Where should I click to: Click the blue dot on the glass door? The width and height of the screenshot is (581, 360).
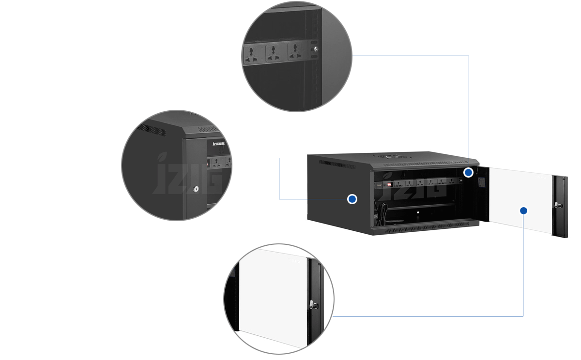coord(523,210)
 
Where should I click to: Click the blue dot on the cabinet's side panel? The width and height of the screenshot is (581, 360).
coord(352,199)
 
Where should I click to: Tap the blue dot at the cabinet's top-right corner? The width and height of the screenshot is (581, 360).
coord(468,172)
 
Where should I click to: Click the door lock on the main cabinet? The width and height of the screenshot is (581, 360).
coord(560,205)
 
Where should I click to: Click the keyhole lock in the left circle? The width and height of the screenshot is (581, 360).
coord(196,190)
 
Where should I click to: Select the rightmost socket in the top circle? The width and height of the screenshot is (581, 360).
coord(294,52)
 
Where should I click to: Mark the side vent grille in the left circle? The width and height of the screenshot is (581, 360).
coord(152,129)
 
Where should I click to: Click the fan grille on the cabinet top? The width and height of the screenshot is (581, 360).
coord(392,157)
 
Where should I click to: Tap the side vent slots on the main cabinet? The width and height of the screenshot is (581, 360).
coord(337,165)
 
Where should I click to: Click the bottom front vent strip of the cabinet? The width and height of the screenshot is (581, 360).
coord(426,227)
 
